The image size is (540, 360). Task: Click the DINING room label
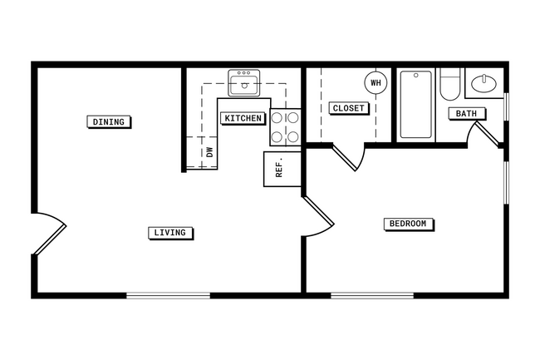[108, 122]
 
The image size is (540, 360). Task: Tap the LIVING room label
[170, 233]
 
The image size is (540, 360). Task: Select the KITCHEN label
[243, 118]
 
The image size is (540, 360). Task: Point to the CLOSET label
[348, 108]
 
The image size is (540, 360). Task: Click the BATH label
[465, 113]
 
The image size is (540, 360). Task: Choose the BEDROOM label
[410, 224]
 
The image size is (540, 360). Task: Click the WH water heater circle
[376, 83]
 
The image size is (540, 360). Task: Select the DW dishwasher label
[209, 152]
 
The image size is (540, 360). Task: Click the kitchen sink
[244, 84]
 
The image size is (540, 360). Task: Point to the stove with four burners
[285, 126]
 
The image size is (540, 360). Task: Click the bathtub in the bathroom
[415, 105]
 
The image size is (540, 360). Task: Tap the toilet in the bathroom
[449, 86]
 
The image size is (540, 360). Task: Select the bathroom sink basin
[483, 83]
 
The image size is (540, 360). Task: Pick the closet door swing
[349, 156]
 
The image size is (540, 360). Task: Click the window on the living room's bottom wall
[168, 294]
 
